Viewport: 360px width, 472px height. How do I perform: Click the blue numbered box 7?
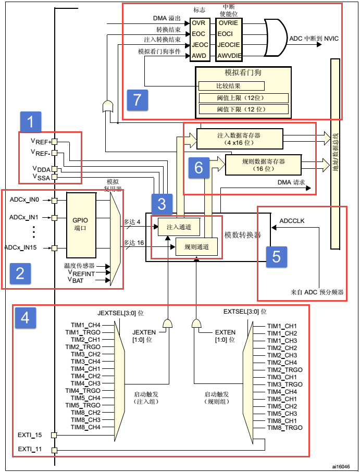pyautogui.click(x=137, y=100)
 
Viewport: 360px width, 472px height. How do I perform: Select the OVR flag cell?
pyautogui.click(x=198, y=23)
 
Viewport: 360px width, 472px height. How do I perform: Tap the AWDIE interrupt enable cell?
pyautogui.click(x=228, y=55)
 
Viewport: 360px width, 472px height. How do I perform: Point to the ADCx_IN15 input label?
pyautogui.click(x=25, y=247)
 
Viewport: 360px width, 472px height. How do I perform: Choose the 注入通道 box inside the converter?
pyautogui.click(x=179, y=227)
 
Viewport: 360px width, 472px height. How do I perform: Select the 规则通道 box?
pyautogui.click(x=193, y=247)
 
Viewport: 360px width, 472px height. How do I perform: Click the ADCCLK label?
pyautogui.click(x=292, y=221)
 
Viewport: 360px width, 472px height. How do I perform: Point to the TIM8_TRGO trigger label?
pyautogui.click(x=284, y=428)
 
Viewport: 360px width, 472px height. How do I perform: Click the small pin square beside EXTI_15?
pyautogui.click(x=54, y=435)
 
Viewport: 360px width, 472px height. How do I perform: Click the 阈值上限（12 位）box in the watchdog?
pyautogui.click(x=243, y=98)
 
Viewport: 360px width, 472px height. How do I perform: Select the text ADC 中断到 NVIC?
pyautogui.click(x=313, y=39)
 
